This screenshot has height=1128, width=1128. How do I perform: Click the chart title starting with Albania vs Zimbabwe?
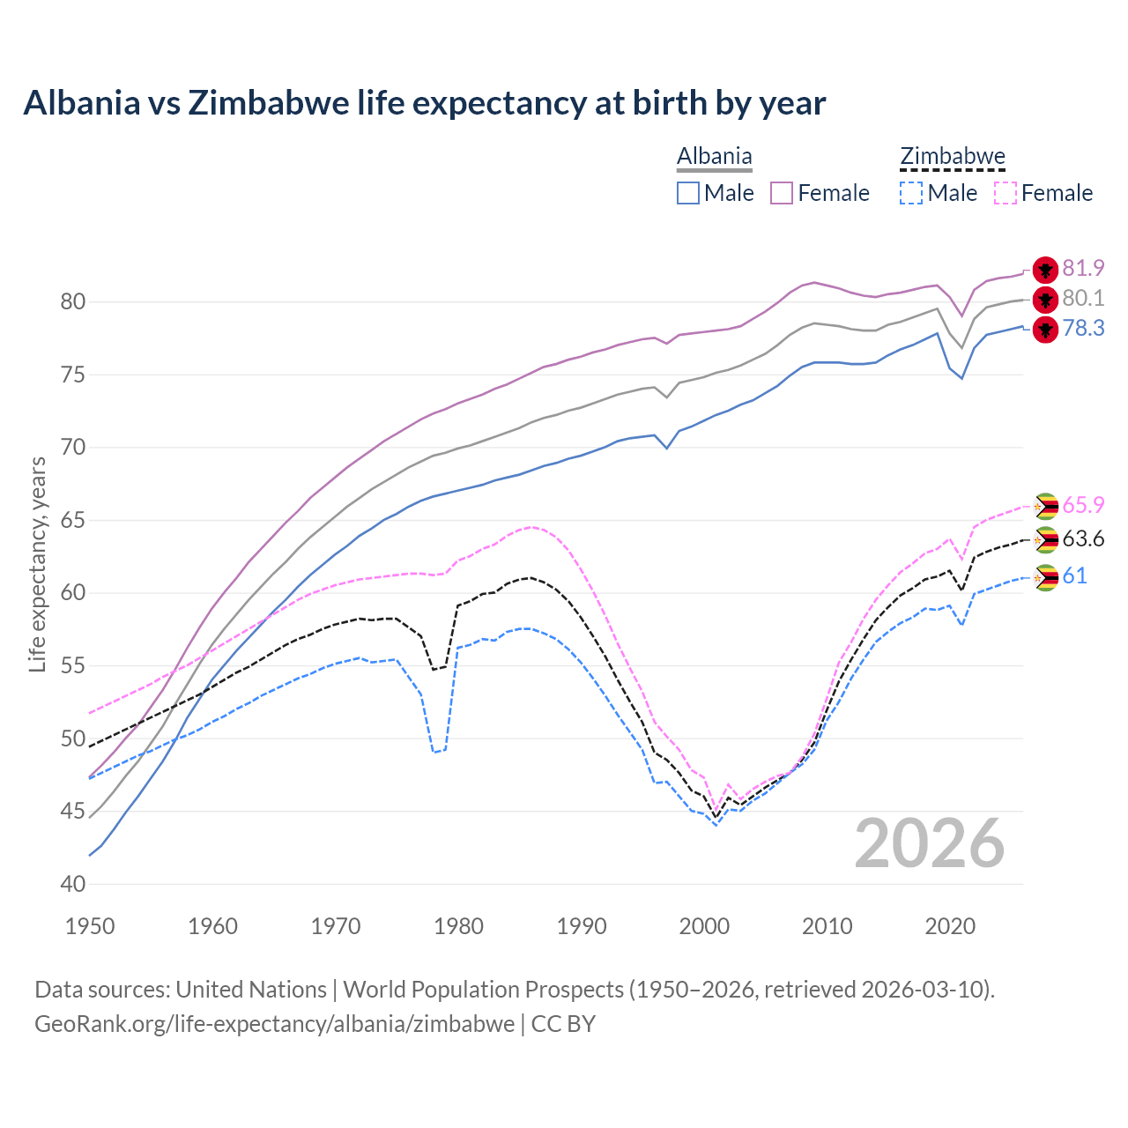pos(424,103)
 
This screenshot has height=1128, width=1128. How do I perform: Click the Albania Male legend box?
pos(688,193)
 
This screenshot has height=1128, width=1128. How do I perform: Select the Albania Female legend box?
pos(782,193)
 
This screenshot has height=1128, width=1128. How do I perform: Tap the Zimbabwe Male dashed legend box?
pos(911,193)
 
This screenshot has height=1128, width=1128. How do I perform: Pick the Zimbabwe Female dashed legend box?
pos(1005,193)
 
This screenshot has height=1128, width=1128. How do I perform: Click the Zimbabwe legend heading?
pos(952,157)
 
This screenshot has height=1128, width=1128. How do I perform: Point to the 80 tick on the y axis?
pos(72,302)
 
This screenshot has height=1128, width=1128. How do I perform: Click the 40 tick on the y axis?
pos(72,884)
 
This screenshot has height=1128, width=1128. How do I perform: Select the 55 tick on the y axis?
pos(72,666)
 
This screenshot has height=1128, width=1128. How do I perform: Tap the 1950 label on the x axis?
pos(90,926)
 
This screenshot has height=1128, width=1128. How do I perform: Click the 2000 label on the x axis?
pos(704,926)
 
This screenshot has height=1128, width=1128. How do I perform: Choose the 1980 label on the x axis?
pos(458,926)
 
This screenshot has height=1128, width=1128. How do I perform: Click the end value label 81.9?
pos(1083,269)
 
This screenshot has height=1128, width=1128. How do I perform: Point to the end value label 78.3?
pos(1083,329)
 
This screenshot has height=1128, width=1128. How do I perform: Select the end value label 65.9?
pos(1083,506)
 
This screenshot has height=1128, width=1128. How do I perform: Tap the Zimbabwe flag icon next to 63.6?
pos(1045,539)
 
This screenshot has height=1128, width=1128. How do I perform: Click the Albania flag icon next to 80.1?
pos(1045,300)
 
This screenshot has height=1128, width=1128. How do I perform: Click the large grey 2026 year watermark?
pos(930,843)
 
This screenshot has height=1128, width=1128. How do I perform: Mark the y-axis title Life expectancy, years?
pos(38,564)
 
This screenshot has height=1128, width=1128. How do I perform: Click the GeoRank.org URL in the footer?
pos(274,1024)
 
